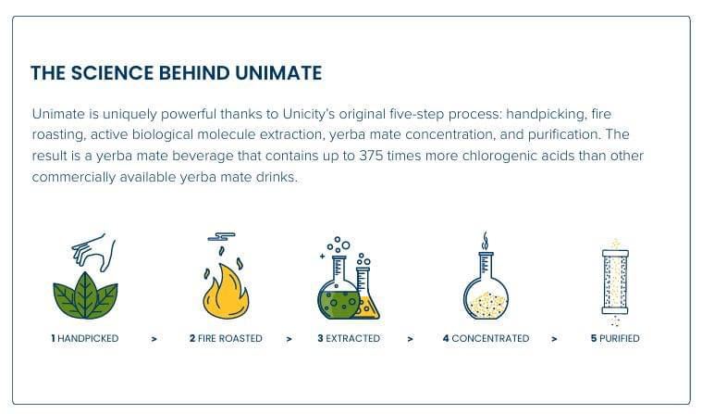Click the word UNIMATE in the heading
278,73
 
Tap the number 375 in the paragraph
371,156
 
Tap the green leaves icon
85,295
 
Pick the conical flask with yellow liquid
366,294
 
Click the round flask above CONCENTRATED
486,285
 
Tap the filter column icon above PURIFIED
615,282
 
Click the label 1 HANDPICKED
85,339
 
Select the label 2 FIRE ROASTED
226,339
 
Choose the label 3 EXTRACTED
349,339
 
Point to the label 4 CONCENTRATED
486,339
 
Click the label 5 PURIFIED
615,339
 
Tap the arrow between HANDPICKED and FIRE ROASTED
154,339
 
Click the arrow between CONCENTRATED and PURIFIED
554,339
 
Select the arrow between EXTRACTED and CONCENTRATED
410,339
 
